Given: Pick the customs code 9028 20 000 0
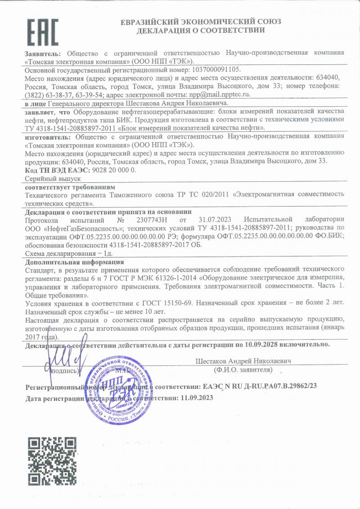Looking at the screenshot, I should point(113,170).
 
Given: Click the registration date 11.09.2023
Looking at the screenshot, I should point(197,398).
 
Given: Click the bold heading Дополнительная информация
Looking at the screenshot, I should point(74,262).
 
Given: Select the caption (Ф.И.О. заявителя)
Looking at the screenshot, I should point(243,370).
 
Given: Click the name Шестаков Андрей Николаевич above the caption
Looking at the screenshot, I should point(243,361).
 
